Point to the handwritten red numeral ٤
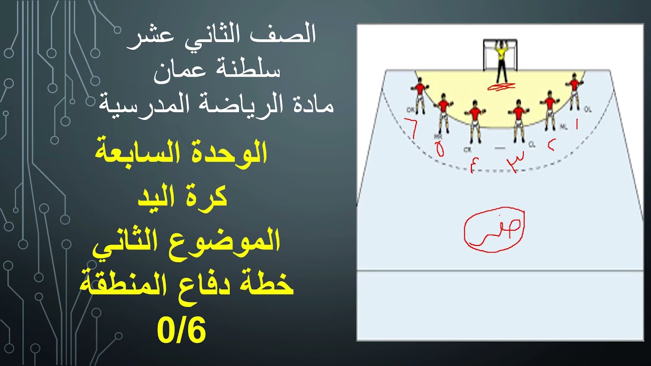[x=474, y=166]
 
